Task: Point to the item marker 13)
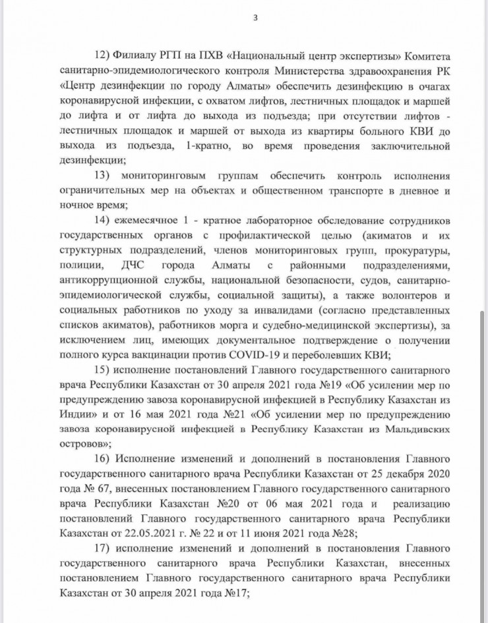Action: tap(104, 176)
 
